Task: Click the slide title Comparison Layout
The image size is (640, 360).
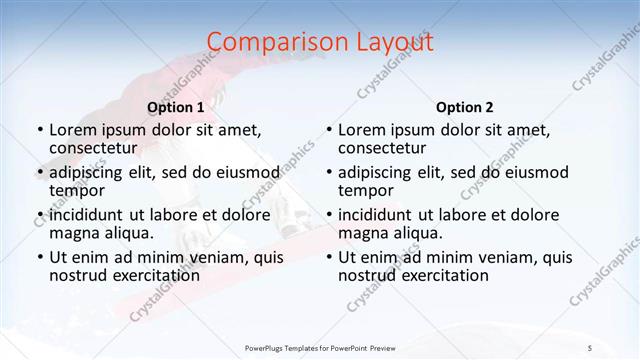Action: (x=320, y=42)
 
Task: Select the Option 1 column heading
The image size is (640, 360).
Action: (x=175, y=107)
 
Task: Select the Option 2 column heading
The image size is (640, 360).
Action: (x=464, y=107)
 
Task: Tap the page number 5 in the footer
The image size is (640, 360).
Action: (x=589, y=348)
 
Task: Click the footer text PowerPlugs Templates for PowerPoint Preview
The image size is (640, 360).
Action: (x=320, y=348)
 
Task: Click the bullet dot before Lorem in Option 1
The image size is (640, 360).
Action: (x=40, y=130)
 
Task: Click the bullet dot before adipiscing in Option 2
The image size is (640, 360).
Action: (x=329, y=173)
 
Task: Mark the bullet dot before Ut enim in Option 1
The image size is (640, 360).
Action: (x=40, y=258)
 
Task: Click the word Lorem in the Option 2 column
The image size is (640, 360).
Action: (x=361, y=129)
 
